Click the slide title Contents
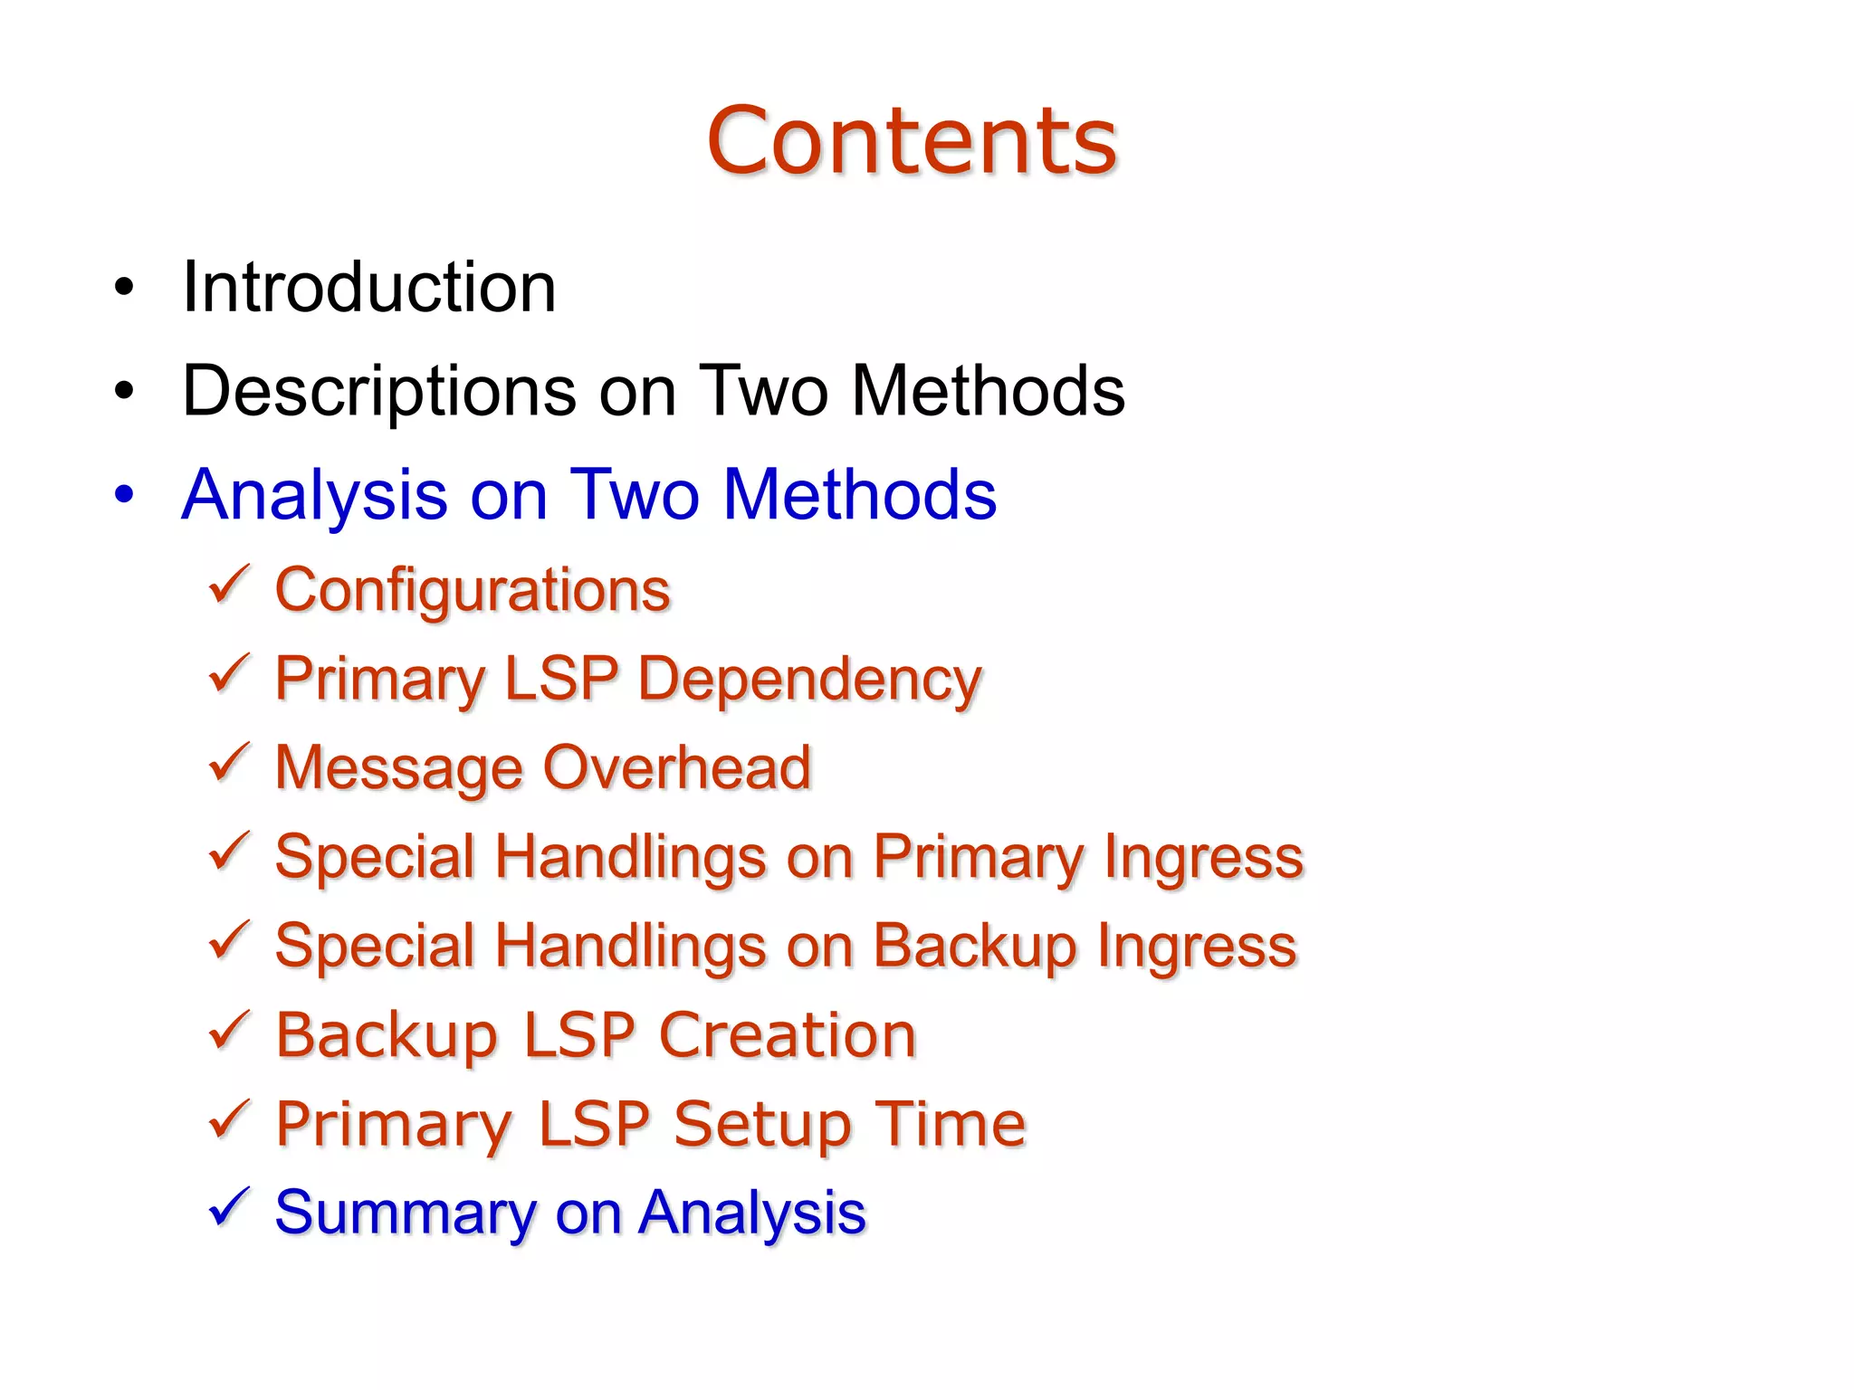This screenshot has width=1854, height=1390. pos(912,141)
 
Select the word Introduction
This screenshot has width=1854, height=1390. pos(368,288)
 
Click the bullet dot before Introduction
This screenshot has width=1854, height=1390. pos(124,288)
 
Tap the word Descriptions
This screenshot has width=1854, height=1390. pos(379,392)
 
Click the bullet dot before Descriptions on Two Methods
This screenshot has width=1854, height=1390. pos(124,392)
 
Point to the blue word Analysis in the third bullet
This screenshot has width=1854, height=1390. pos(314,496)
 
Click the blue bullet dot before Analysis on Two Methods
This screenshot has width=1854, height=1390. pos(124,495)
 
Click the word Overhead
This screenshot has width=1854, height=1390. pos(676,767)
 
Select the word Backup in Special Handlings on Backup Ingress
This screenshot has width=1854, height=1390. pos(975,947)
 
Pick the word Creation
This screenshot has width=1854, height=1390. pos(787,1034)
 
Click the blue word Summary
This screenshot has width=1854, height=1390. pos(406,1214)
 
